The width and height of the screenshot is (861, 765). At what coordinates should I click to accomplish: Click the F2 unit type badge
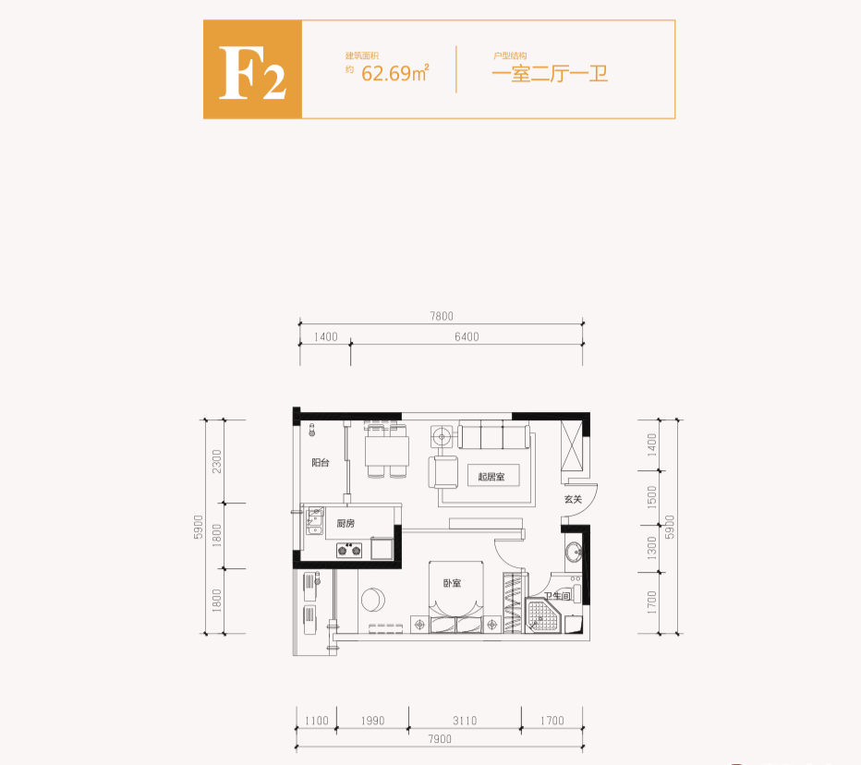252,69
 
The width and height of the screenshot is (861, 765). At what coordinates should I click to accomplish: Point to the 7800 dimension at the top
442,316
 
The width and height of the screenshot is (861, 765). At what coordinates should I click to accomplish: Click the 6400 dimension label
467,336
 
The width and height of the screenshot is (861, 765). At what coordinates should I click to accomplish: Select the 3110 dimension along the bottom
465,721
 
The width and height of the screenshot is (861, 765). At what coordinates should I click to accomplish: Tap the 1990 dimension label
372,721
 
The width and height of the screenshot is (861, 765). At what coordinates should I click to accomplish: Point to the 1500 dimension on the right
652,497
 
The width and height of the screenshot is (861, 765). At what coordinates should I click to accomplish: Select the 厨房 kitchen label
346,524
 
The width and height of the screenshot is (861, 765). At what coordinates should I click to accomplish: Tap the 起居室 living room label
491,477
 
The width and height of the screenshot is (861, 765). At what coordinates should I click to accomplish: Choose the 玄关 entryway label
573,500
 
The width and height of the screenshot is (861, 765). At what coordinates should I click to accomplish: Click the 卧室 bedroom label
452,583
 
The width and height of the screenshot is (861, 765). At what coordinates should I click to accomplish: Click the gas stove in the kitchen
348,552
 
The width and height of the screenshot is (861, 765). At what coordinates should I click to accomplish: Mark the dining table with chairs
387,452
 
